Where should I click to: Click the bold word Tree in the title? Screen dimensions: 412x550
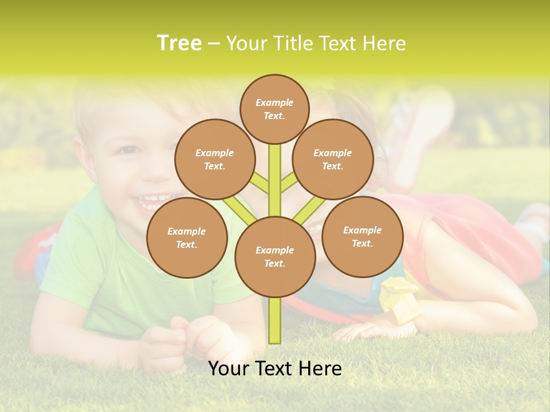(x=179, y=43)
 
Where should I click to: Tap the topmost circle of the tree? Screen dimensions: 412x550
(x=274, y=109)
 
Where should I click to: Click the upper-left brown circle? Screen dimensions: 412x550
(x=215, y=160)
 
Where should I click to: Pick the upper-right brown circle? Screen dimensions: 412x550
(x=333, y=160)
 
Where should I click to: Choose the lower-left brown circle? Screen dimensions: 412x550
(x=187, y=238)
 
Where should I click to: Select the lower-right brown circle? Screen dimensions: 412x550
(x=362, y=237)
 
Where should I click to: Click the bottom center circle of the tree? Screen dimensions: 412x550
(x=275, y=257)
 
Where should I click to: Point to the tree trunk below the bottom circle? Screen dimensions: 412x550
(x=275, y=320)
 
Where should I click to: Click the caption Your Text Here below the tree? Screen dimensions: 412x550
(x=275, y=369)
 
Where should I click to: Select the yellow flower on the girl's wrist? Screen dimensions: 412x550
(x=398, y=292)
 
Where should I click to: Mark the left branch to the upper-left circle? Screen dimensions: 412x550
(x=260, y=183)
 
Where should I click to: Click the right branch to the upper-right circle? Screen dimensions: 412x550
(x=288, y=183)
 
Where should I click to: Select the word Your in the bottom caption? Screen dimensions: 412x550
(x=228, y=369)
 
